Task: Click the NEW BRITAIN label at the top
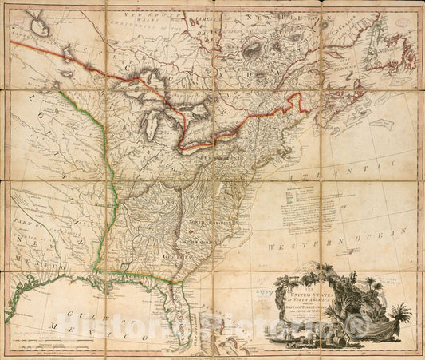click(279, 15)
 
